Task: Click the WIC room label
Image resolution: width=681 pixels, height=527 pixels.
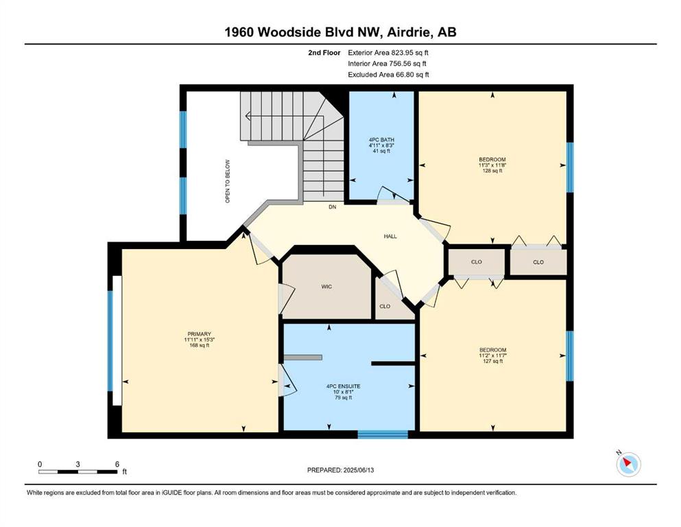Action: click(326, 287)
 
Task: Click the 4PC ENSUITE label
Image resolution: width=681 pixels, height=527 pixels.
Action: click(343, 386)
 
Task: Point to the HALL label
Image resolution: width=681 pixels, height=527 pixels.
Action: click(390, 236)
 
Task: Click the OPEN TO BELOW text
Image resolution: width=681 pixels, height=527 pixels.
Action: click(228, 181)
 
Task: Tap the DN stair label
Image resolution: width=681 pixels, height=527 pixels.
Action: click(332, 207)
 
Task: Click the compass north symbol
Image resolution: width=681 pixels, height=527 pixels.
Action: click(628, 464)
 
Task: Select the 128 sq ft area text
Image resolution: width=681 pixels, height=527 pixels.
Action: click(492, 171)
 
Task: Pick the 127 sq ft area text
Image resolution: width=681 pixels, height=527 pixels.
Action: click(492, 361)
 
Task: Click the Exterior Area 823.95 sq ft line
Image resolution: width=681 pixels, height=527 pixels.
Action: click(388, 53)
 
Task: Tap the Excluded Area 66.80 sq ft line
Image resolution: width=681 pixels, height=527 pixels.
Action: click(388, 75)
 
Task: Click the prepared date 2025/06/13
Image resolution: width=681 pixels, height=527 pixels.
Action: click(358, 470)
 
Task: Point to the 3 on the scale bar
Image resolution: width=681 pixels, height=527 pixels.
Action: click(77, 464)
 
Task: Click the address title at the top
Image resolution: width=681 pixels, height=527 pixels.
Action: click(340, 32)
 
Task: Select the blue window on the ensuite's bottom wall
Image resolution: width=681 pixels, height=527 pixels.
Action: click(383, 434)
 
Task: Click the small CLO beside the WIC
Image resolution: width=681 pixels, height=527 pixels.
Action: click(385, 306)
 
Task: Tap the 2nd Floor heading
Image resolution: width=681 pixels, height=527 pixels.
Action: click(324, 53)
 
